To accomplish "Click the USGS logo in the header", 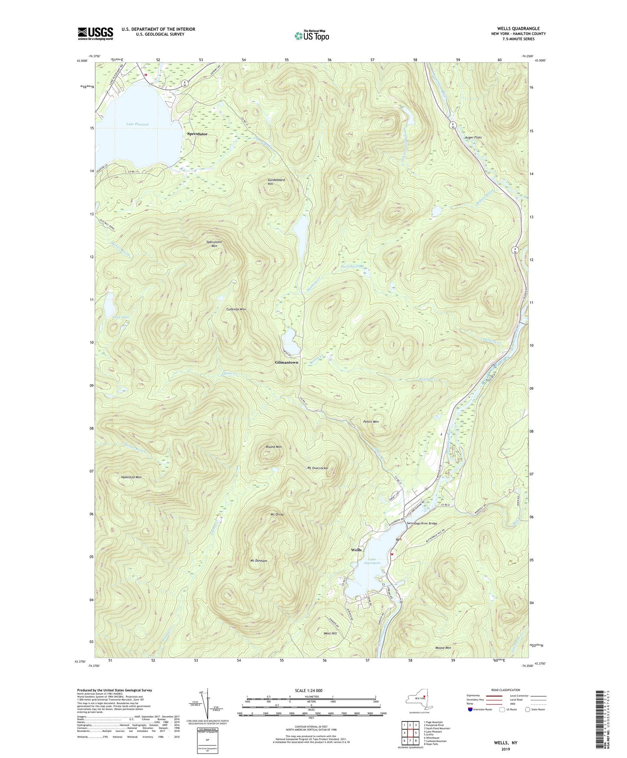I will [x=95, y=33].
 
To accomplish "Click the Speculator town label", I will [x=197, y=134].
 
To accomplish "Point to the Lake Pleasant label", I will [x=137, y=124].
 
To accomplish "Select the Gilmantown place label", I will [x=287, y=362].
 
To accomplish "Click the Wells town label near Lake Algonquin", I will [x=356, y=550].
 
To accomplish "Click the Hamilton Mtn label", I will [x=131, y=477].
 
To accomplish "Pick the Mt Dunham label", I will [x=259, y=561].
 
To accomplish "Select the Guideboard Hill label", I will [x=276, y=181].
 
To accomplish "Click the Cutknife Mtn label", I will [x=236, y=309].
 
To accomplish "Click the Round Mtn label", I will [x=273, y=447].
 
